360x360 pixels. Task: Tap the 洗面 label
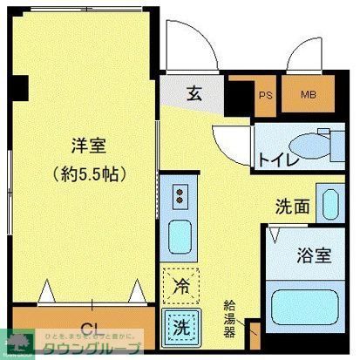pos(293,207)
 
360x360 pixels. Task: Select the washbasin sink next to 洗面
pos(330,203)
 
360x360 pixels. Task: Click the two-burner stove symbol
pos(181,195)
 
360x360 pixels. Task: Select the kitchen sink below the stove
pos(181,234)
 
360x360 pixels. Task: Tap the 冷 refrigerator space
pos(180,284)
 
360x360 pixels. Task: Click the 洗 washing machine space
pos(180,328)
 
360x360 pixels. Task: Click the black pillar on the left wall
pos(22,88)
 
